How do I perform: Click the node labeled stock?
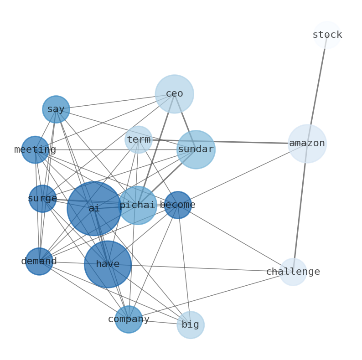coord(327,35)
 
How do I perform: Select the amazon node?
coord(307,144)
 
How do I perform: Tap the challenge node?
coord(293,272)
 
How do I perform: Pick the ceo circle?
coord(174,94)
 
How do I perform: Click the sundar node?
coord(196,149)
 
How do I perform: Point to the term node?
coord(139,140)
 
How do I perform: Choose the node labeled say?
coord(56,109)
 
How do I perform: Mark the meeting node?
coord(35,149)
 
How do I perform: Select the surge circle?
coord(42,199)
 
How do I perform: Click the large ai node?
coord(94,208)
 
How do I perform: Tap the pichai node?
coord(138,205)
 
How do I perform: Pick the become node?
coord(178,205)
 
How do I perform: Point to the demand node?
coord(39,261)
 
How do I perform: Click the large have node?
coord(108,264)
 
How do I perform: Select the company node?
coord(129,319)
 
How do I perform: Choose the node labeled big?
coord(190,325)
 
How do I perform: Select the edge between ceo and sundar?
coord(185,121)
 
